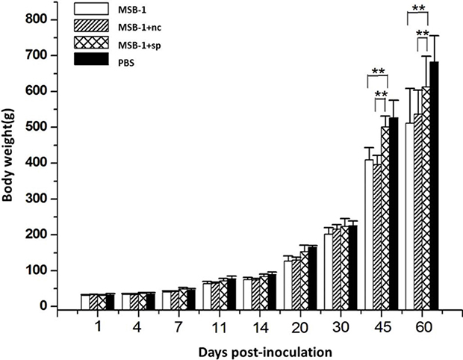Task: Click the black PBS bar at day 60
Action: pyautogui.click(x=434, y=185)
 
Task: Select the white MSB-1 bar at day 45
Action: pyautogui.click(x=369, y=235)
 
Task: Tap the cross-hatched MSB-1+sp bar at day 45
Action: pyautogui.click(x=385, y=218)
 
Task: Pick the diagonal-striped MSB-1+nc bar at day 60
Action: pyautogui.click(x=418, y=212)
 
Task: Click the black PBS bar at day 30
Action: pyautogui.click(x=353, y=267)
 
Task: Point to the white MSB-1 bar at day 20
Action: pyautogui.click(x=288, y=285)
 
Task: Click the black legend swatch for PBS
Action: pyautogui.click(x=91, y=59)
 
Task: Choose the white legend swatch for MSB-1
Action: pyautogui.click(x=91, y=8)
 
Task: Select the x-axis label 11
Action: pyautogui.click(x=220, y=328)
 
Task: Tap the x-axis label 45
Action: pyautogui.click(x=382, y=328)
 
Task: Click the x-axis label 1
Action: pyautogui.click(x=98, y=328)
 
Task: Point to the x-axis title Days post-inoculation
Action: pyautogui.click(x=265, y=353)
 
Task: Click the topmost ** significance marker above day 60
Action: pyautogui.click(x=418, y=7)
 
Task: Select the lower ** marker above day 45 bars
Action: pyautogui.click(x=381, y=94)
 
